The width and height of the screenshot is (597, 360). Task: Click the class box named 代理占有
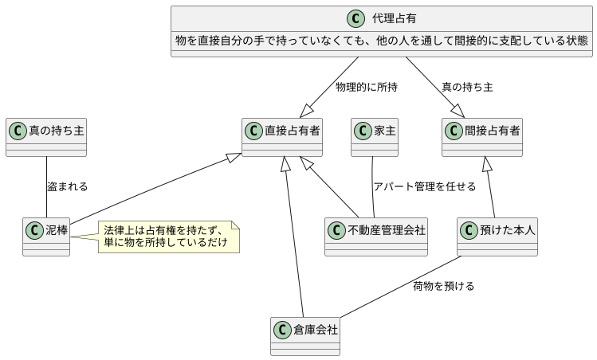click(382, 30)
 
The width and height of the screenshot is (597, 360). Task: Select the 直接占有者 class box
click(281, 137)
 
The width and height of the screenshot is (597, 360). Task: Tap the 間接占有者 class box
click(481, 137)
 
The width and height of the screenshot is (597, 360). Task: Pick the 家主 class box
click(375, 137)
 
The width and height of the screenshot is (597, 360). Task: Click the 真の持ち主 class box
click(45, 137)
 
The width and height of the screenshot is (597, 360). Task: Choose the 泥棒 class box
click(47, 237)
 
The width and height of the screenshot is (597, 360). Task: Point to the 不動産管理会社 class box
click(376, 237)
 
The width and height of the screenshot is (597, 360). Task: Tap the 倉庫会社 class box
click(305, 336)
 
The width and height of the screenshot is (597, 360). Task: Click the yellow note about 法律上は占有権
click(168, 237)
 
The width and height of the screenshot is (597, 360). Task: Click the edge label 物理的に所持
click(367, 87)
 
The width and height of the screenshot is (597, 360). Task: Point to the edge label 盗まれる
click(67, 186)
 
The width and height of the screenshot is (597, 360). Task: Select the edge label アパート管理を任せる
click(424, 186)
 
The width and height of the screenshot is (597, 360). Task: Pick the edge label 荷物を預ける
click(443, 286)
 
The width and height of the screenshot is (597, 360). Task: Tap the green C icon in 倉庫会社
click(281, 328)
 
